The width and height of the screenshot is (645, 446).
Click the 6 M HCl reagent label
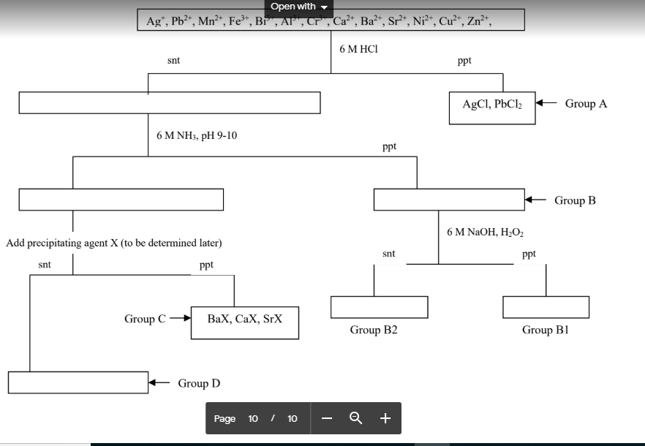pos(358,49)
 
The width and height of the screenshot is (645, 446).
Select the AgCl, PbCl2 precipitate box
pos(491,107)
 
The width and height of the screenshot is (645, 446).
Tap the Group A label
pos(586,104)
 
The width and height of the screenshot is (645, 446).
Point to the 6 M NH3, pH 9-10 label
pos(196,136)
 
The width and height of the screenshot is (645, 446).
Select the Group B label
pos(575,200)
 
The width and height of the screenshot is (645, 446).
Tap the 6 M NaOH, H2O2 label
pos(485,232)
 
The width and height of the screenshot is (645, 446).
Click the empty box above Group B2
pos(379,307)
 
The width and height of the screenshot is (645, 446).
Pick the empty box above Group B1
pos(546,307)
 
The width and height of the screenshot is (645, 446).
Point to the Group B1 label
pos(545,330)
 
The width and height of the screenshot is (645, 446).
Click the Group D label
pos(199,383)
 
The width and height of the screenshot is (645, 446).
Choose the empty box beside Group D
pos(78,382)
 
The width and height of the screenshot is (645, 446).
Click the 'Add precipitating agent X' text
pos(113,243)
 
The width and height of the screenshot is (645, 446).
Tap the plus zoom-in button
pos(385,418)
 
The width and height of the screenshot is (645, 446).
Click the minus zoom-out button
pos(327,418)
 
